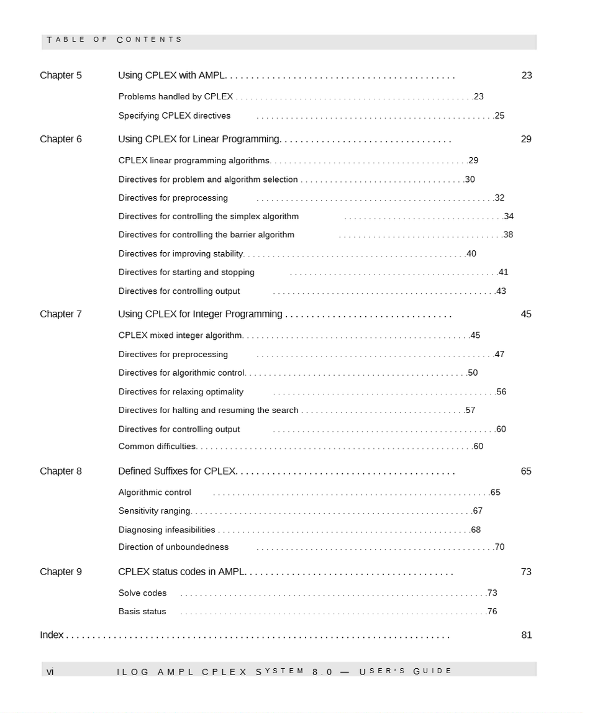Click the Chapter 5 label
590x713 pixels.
click(x=61, y=76)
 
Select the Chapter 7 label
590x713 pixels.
click(x=61, y=314)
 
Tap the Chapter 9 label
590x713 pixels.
click(x=61, y=572)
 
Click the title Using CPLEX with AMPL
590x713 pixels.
click(x=171, y=76)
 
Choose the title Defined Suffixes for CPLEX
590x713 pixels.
click(x=176, y=471)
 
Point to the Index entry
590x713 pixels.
click(x=52, y=635)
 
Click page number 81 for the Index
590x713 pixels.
click(x=526, y=635)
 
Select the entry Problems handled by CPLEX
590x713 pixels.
click(x=176, y=97)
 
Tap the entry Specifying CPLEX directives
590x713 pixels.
click(x=175, y=116)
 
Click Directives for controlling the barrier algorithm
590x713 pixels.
click(x=206, y=235)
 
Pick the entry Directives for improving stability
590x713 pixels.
click(x=181, y=254)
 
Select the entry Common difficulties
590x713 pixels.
click(x=157, y=447)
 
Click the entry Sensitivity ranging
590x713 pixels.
click(x=155, y=511)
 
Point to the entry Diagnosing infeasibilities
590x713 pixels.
click(x=166, y=530)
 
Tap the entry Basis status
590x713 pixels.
click(x=142, y=612)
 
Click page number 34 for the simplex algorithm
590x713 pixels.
click(x=509, y=217)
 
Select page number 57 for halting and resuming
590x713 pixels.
click(x=470, y=411)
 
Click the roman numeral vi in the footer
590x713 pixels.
click(x=50, y=671)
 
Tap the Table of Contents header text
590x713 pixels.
click(x=114, y=40)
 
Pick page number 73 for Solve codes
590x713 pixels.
click(x=492, y=593)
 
